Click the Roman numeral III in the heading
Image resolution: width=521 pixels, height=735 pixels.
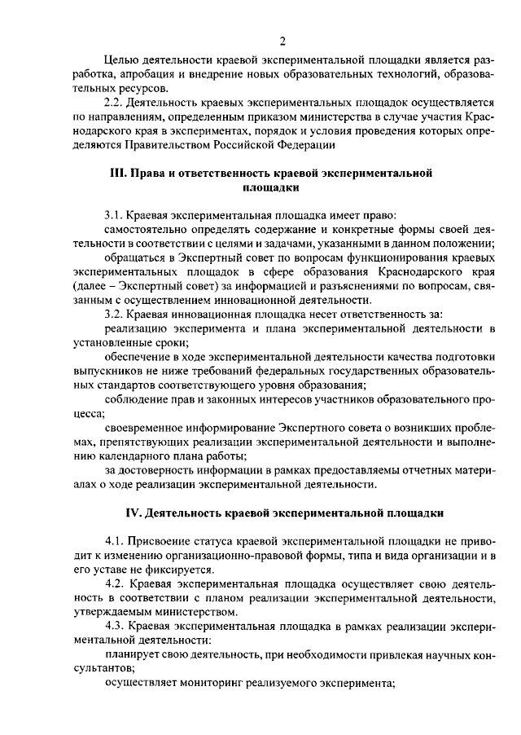(118, 174)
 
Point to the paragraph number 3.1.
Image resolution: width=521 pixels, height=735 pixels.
(114, 216)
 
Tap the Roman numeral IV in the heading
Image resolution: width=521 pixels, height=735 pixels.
(132, 513)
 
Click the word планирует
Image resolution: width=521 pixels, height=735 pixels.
(132, 654)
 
